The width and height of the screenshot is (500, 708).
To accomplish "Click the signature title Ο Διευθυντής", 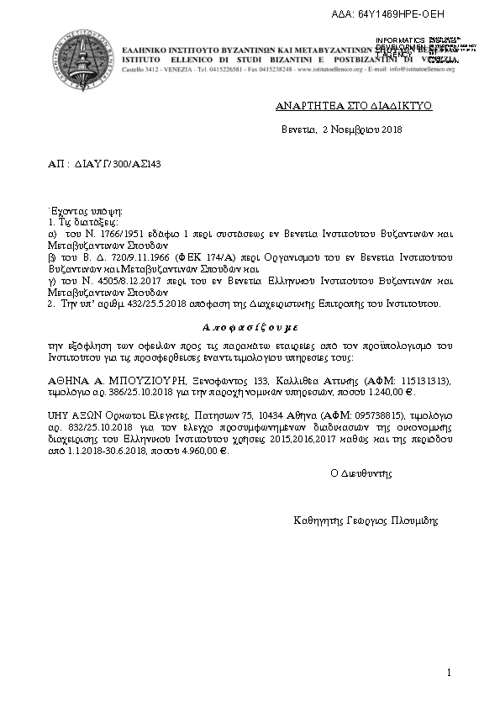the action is [x=362, y=474].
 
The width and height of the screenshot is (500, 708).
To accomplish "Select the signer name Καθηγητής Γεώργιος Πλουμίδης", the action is [x=366, y=520].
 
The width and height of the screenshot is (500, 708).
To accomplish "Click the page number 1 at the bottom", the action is [x=450, y=673].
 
